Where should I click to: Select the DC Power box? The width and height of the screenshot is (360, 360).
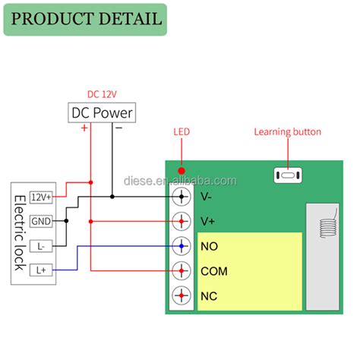coord(102,113)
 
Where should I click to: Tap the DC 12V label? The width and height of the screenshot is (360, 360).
coord(103,94)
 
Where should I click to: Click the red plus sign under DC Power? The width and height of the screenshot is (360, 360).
coord(84,128)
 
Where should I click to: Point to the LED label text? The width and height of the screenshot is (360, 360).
coord(182,132)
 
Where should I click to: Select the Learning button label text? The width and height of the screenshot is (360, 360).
coord(287,132)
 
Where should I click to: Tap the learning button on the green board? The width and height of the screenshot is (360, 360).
coord(287,176)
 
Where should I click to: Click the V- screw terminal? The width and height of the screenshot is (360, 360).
coord(182,197)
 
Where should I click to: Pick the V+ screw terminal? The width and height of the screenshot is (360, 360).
coord(182,222)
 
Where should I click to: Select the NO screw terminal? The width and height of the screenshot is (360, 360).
coord(182,247)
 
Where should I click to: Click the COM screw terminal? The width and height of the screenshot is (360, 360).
coord(182,271)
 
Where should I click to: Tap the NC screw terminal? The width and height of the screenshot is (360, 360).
coord(182,295)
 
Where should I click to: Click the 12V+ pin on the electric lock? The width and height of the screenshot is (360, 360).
coord(41,197)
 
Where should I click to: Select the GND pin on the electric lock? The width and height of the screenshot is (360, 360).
coord(41,222)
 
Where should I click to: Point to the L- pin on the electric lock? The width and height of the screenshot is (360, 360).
coord(41,246)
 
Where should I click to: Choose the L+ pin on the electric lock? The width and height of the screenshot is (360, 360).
coord(41,270)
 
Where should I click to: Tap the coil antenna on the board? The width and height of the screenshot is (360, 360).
coord(327,228)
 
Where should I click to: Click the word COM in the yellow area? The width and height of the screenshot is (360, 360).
coord(214,271)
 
